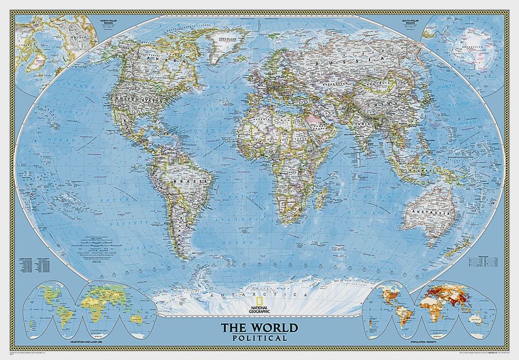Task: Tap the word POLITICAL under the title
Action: tap(260, 338)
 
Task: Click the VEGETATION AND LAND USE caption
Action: tap(86, 344)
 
